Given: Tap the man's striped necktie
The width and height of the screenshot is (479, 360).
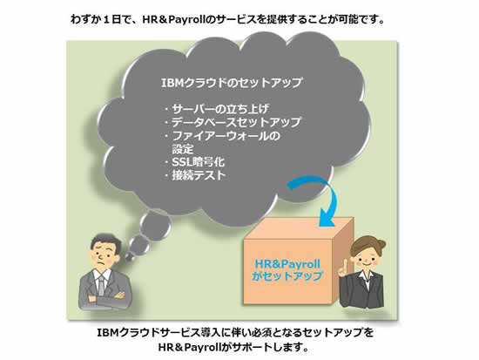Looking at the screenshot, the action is [101, 285].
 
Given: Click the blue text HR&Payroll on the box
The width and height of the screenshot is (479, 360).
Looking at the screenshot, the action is [287, 264].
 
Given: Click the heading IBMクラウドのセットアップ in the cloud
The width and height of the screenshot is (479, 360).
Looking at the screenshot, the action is [232, 83].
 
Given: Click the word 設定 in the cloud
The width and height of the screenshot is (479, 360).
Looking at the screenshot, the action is [183, 149].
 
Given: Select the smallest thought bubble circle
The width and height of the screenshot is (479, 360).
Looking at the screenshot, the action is [130, 256].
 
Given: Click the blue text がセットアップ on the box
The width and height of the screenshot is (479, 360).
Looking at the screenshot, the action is [287, 276].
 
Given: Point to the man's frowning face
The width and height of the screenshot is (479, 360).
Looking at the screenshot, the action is [104, 255].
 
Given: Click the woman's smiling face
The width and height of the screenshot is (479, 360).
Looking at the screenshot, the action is [366, 260].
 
